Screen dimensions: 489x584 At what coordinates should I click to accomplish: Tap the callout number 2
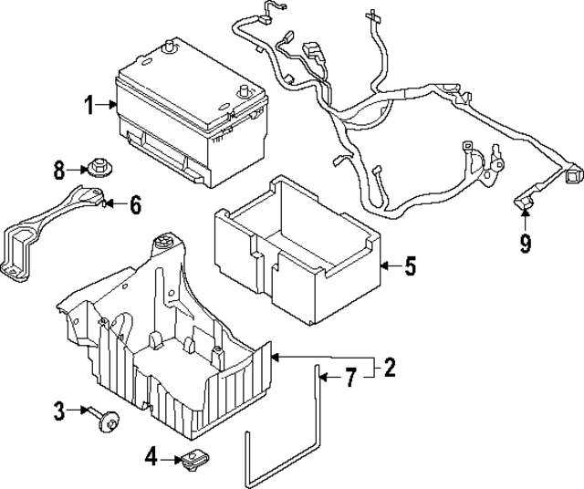click(x=390, y=368)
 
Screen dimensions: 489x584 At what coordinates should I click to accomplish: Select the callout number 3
click(x=58, y=411)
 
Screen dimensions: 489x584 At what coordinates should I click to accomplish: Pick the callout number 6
click(x=134, y=204)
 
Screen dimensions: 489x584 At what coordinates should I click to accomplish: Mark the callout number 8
click(x=59, y=169)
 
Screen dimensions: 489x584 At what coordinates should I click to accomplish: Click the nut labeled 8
click(x=98, y=169)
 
